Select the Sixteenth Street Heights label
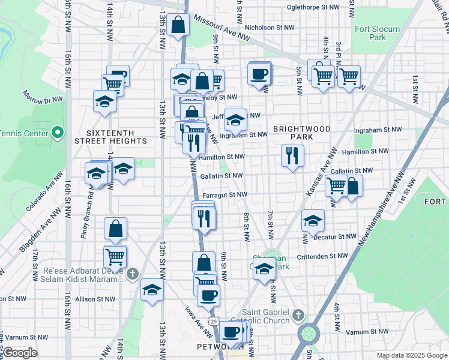tap(108, 136)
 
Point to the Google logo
tap(19, 353)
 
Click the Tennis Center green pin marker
tap(58, 132)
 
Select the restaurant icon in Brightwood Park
tap(292, 156)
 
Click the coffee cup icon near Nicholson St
tap(259, 74)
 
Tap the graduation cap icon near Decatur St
tap(313, 221)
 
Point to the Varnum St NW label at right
tap(364, 332)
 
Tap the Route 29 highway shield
tap(213, 322)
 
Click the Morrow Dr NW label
tap(43, 97)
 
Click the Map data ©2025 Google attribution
tap(411, 355)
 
